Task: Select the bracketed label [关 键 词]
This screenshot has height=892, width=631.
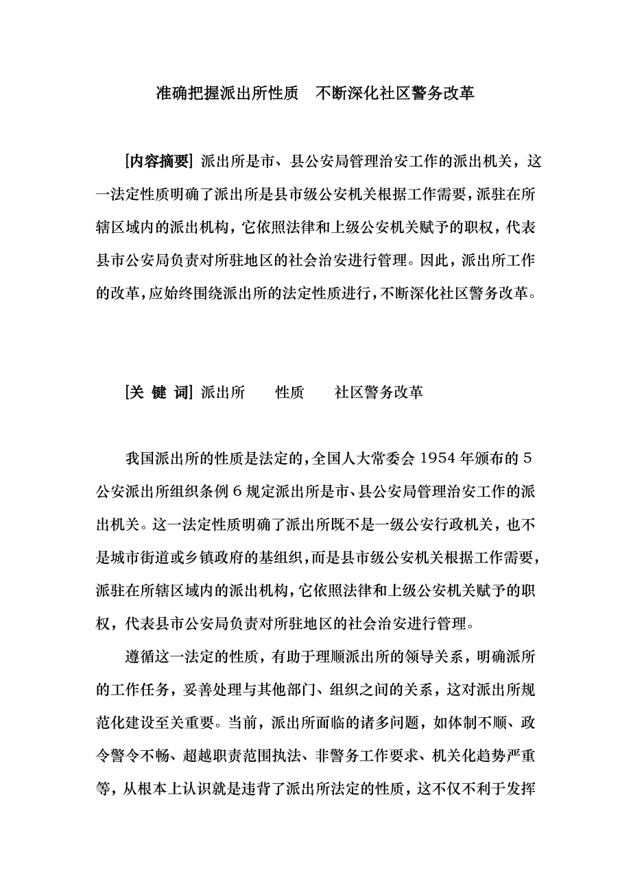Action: point(158,393)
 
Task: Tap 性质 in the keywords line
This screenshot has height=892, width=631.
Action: point(289,393)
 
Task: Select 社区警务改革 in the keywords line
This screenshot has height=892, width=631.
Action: point(379,393)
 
